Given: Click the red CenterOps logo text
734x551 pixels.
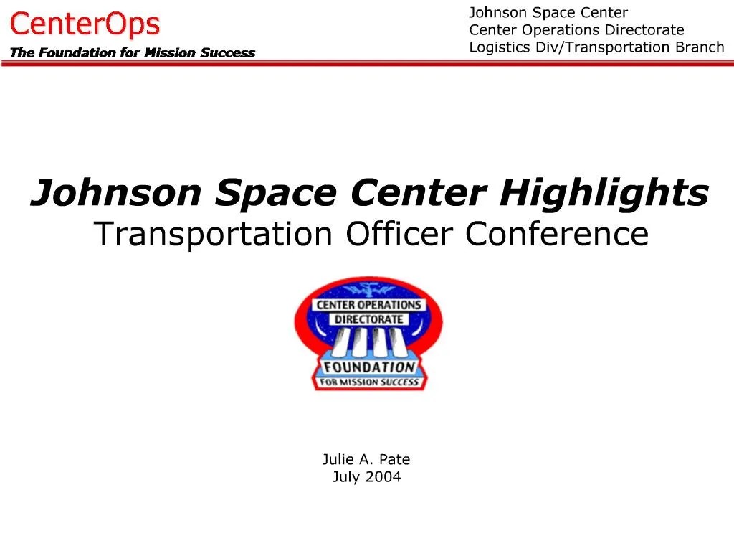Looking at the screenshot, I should (x=85, y=25).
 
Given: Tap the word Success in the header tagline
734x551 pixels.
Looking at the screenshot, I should (x=227, y=52).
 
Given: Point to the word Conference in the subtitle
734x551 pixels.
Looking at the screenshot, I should (x=556, y=233).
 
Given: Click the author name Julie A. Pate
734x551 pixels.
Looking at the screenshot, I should (x=366, y=460).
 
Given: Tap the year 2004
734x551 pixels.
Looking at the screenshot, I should (x=383, y=477).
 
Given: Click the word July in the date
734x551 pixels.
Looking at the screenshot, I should (x=348, y=477).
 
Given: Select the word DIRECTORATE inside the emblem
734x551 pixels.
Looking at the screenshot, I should (x=369, y=319).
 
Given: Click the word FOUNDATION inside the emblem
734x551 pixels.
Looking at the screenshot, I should (x=369, y=367).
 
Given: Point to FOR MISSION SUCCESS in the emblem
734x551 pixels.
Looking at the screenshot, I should (x=369, y=382).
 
